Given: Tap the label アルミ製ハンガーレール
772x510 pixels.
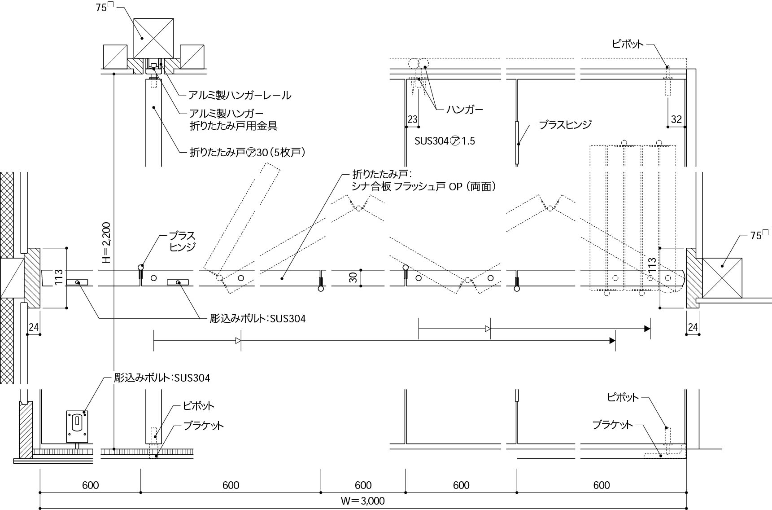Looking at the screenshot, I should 240,95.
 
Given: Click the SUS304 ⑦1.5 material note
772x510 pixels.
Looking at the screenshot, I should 445,141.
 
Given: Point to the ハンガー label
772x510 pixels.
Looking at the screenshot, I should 465,109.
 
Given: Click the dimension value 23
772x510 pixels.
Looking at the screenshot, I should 412,119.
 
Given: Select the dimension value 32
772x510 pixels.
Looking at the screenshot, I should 676,119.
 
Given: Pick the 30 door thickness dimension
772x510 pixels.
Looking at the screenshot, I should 353,277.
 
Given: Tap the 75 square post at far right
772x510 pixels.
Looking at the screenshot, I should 722,277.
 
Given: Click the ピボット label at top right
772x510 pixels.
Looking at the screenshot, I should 628,44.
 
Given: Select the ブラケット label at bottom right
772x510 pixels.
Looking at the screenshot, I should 612,425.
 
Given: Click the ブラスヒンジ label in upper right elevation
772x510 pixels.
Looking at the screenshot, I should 565,124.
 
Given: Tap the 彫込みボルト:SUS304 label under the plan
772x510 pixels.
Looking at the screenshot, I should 258,319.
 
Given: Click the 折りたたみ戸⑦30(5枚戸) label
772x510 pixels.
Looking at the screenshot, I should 248,153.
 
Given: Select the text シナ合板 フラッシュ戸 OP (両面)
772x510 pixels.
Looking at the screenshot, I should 424,187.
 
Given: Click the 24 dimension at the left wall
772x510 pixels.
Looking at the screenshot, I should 34,327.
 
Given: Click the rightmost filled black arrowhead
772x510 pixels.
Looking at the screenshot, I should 647,329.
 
